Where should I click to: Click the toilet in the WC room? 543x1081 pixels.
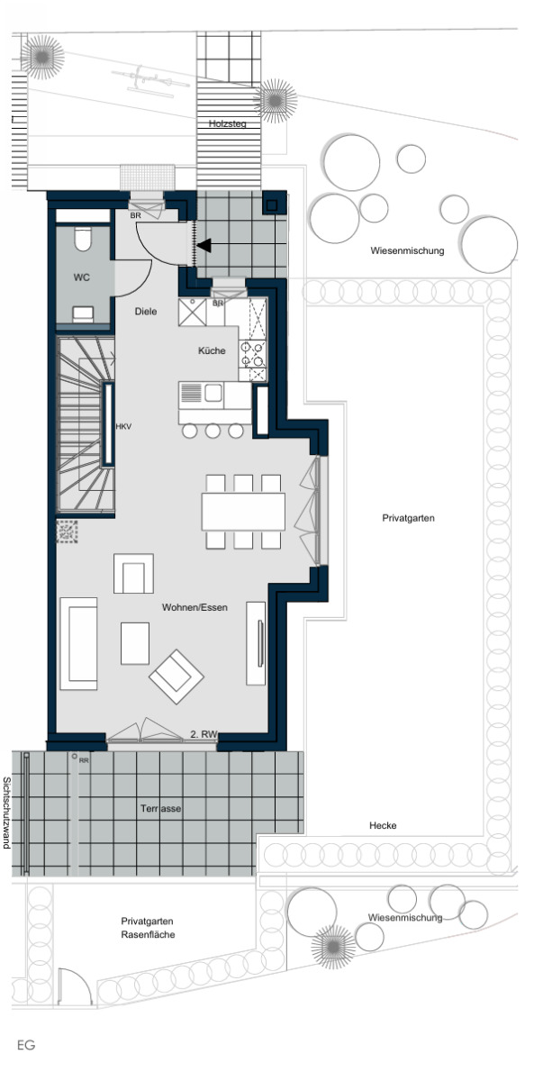[83, 240]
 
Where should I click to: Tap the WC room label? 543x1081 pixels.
[82, 277]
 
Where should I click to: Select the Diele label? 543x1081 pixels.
[146, 312]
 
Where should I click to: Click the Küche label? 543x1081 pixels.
[212, 350]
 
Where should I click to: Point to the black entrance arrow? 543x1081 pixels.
[204, 246]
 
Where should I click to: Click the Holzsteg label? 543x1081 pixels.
[228, 124]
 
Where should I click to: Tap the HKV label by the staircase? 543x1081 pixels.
[123, 427]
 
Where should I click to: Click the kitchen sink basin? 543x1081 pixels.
[213, 393]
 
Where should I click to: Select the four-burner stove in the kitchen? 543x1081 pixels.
[253, 354]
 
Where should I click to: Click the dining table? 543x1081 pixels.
[243, 512]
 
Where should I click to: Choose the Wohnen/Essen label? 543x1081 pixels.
[195, 607]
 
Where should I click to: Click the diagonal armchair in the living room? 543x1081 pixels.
[176, 676]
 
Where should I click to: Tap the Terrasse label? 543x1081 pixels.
[160, 808]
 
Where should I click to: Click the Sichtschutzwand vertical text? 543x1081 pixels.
[6, 813]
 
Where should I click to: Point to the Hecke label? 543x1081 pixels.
[383, 826]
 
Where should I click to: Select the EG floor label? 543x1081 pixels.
[26, 1045]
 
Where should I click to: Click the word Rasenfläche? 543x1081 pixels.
[148, 935]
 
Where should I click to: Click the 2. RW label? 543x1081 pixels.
[204, 734]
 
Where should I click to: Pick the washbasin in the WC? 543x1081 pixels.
[83, 313]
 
